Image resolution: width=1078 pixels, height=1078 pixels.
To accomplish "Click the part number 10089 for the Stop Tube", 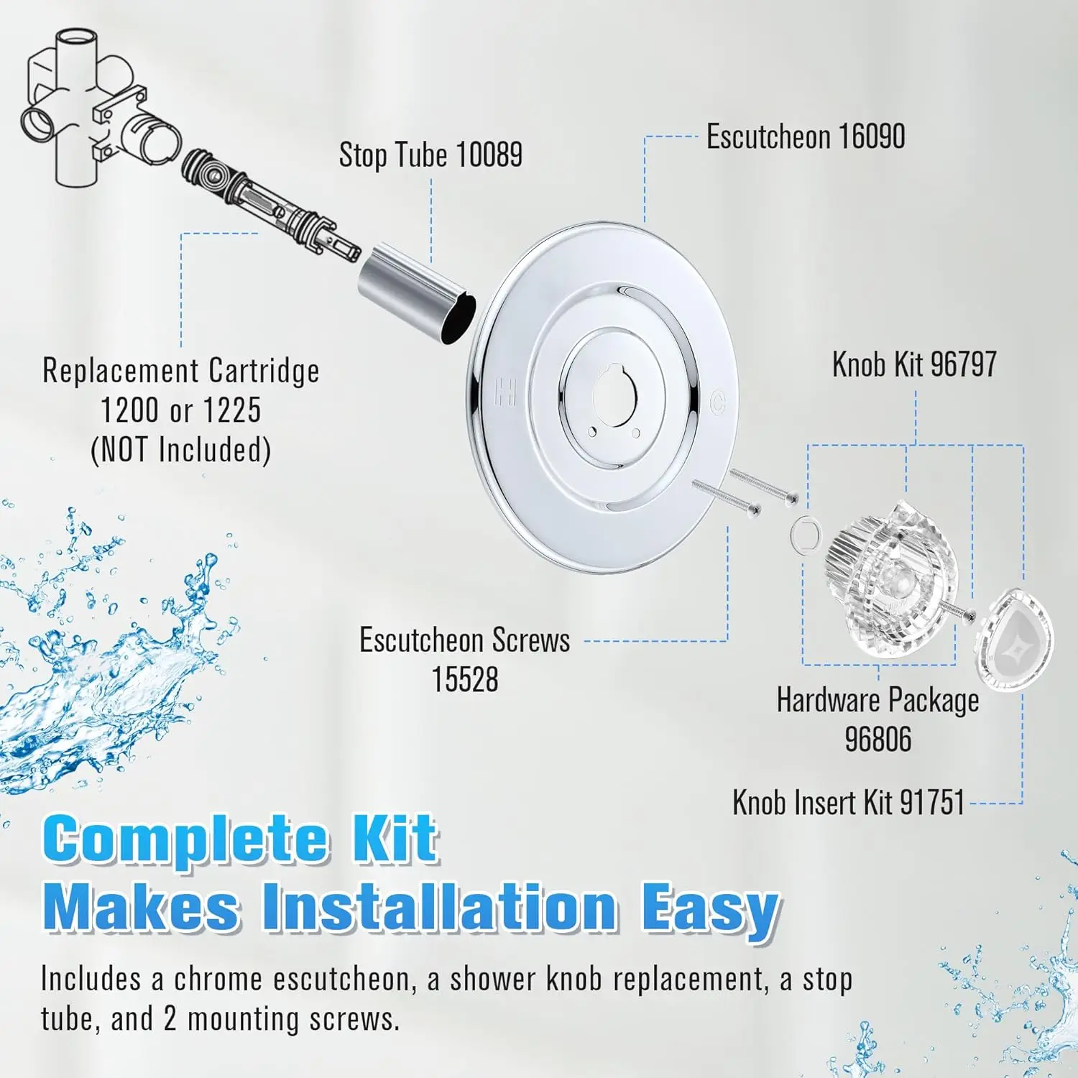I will point(489,155).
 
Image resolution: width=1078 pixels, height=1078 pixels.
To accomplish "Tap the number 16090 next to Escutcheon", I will point(870,137).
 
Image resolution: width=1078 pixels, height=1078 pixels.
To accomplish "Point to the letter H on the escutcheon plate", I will point(506,392).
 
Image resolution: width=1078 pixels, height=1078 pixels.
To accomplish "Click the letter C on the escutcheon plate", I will point(717,402).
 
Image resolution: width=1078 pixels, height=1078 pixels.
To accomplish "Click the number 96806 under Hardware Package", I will point(877,740).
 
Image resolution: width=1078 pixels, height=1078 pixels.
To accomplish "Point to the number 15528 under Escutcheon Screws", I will point(464,679).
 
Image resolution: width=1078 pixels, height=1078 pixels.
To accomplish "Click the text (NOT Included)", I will point(180,450).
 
